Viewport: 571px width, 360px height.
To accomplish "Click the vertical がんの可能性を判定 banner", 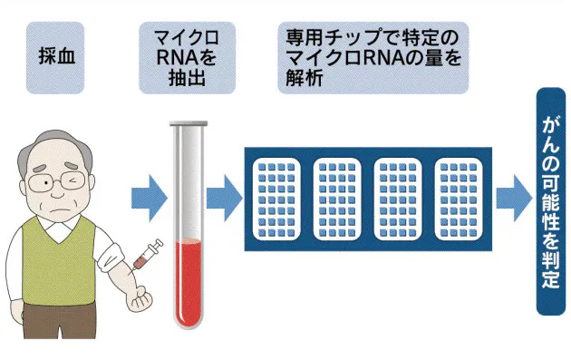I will click(x=550, y=200).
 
